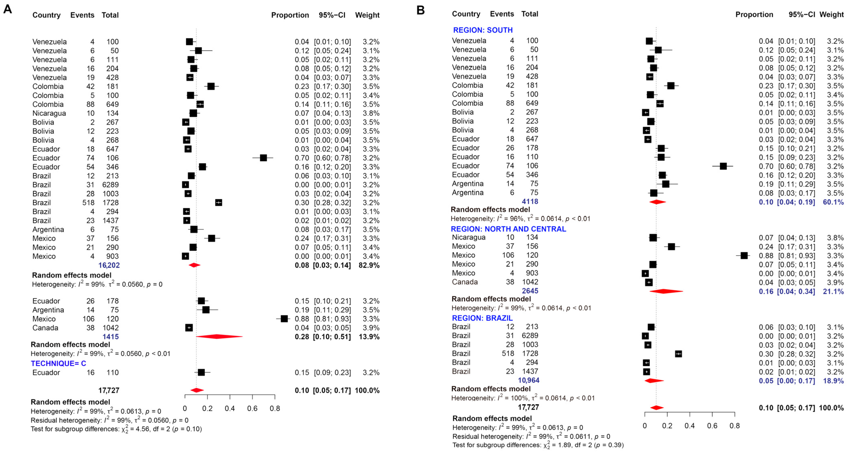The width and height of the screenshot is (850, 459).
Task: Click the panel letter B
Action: (x=420, y=10)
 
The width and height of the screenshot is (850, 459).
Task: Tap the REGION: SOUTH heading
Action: (x=483, y=30)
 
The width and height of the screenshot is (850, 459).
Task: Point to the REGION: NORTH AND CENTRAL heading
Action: (x=508, y=229)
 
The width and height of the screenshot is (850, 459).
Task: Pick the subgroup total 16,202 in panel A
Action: (x=109, y=265)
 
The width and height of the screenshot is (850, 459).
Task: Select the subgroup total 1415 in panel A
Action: (x=111, y=337)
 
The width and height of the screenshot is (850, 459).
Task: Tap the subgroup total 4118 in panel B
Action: (x=530, y=201)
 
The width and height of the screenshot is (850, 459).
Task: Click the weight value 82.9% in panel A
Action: (x=369, y=265)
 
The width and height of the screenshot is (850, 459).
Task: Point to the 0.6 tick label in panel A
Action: (x=252, y=409)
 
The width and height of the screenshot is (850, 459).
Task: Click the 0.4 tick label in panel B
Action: (x=689, y=426)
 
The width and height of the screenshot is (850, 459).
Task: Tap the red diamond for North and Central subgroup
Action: (x=666, y=291)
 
